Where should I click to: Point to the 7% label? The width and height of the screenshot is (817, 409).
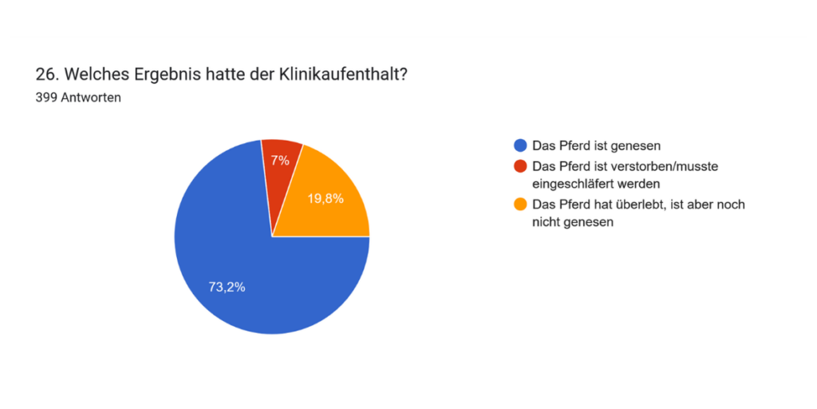(279, 160)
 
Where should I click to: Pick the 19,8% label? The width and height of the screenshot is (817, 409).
(326, 199)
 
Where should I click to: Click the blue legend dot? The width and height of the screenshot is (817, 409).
(520, 145)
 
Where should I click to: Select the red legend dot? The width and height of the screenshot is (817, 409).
(520, 166)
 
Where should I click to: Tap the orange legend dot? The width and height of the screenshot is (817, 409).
(520, 204)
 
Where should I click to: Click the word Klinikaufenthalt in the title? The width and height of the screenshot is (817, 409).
(342, 74)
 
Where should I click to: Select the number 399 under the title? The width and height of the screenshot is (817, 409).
(46, 98)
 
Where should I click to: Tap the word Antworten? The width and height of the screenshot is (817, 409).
(91, 98)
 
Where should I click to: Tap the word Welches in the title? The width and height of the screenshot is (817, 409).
(90, 74)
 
